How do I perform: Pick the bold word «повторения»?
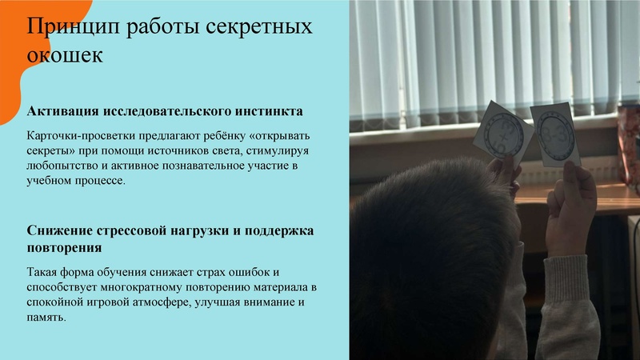pyautogui.click(x=63, y=247)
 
